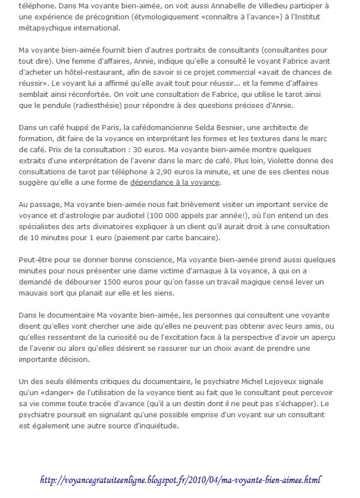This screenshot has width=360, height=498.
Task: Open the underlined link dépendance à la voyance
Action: (174, 183)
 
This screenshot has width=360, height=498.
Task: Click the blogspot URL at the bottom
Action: (180, 479)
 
